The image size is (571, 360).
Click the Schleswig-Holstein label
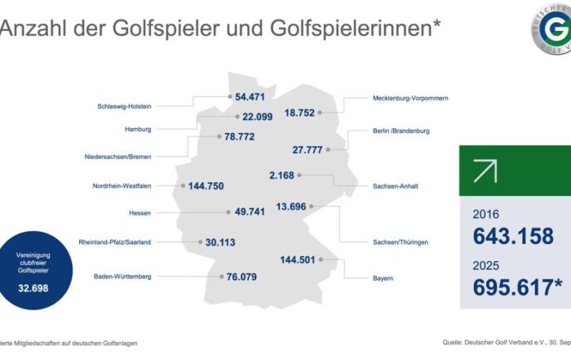click(x=125, y=105)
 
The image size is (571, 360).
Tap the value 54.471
click(x=252, y=96)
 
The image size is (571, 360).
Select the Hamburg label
click(x=138, y=129)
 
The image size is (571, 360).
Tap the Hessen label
click(x=140, y=213)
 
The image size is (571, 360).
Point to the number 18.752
click(x=299, y=113)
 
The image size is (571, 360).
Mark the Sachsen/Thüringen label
click(x=401, y=242)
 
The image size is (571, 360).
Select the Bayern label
click(x=382, y=278)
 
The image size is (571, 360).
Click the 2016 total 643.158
click(x=514, y=237)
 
